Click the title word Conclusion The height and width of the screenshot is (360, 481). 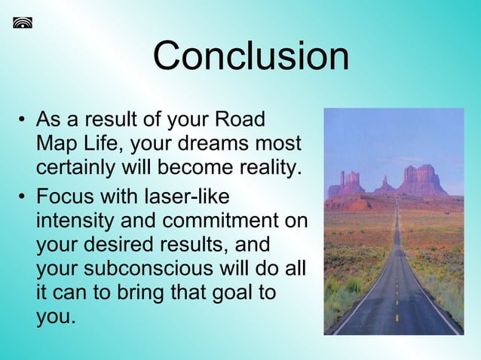pos(251,56)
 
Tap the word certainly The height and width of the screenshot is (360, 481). pos(83,167)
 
